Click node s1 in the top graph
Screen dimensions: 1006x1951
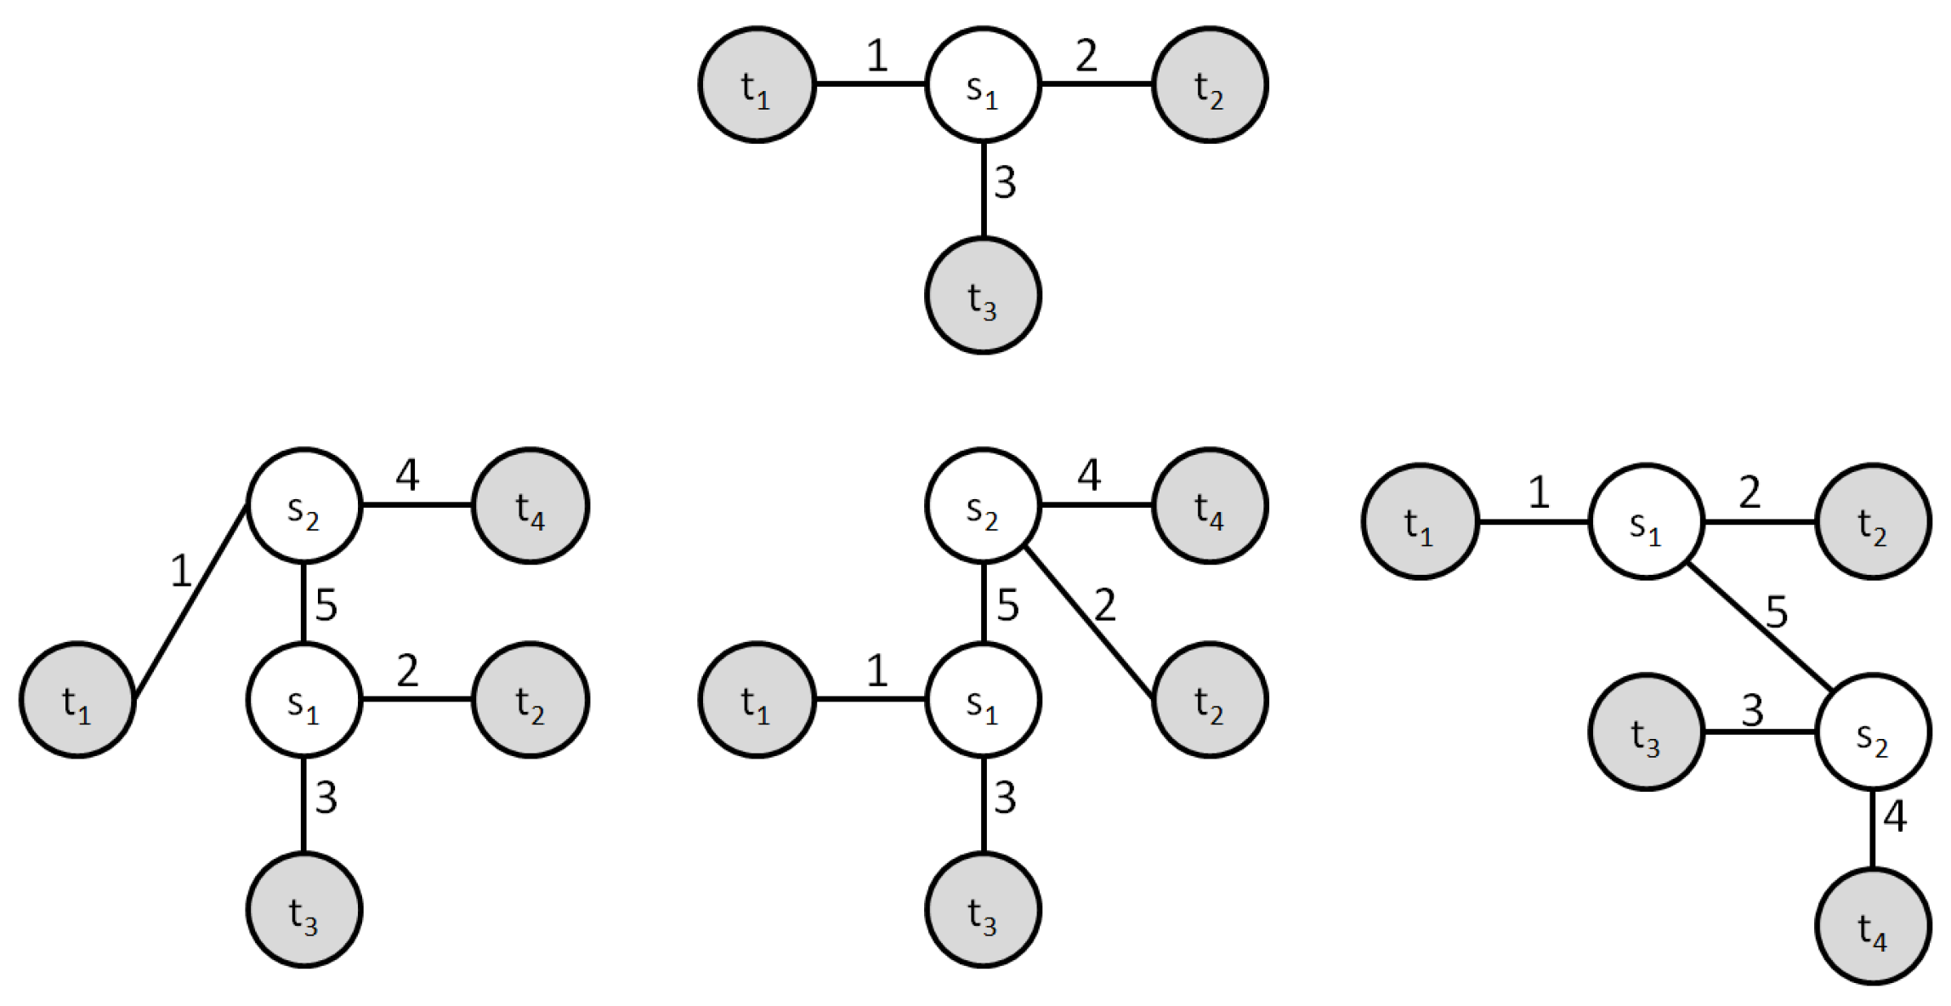983,85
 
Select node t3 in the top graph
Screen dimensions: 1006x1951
983,296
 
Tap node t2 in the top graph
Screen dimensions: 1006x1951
1210,85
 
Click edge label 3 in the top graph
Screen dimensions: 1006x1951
1005,183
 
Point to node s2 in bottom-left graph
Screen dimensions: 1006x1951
304,506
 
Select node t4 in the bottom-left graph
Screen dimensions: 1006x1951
530,506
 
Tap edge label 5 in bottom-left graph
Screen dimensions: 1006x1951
326,605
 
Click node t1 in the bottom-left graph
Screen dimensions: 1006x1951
77,700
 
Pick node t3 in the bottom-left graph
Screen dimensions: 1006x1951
304,910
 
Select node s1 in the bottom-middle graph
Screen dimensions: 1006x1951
983,700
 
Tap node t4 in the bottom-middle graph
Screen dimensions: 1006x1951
1210,506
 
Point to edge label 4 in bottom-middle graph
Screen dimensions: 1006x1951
1089,475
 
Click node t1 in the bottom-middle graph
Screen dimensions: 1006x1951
757,700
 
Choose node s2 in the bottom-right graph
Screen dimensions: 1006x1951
1873,732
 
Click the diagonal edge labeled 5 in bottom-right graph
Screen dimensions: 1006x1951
1758,626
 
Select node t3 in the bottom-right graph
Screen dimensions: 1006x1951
1647,732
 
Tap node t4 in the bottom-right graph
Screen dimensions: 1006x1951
1873,926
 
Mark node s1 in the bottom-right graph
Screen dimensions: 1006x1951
1647,521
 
